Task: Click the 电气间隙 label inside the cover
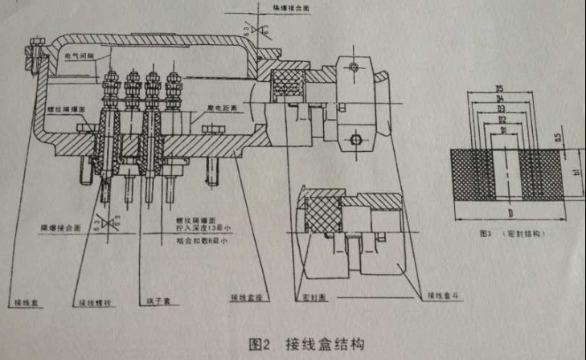tap(81, 56)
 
